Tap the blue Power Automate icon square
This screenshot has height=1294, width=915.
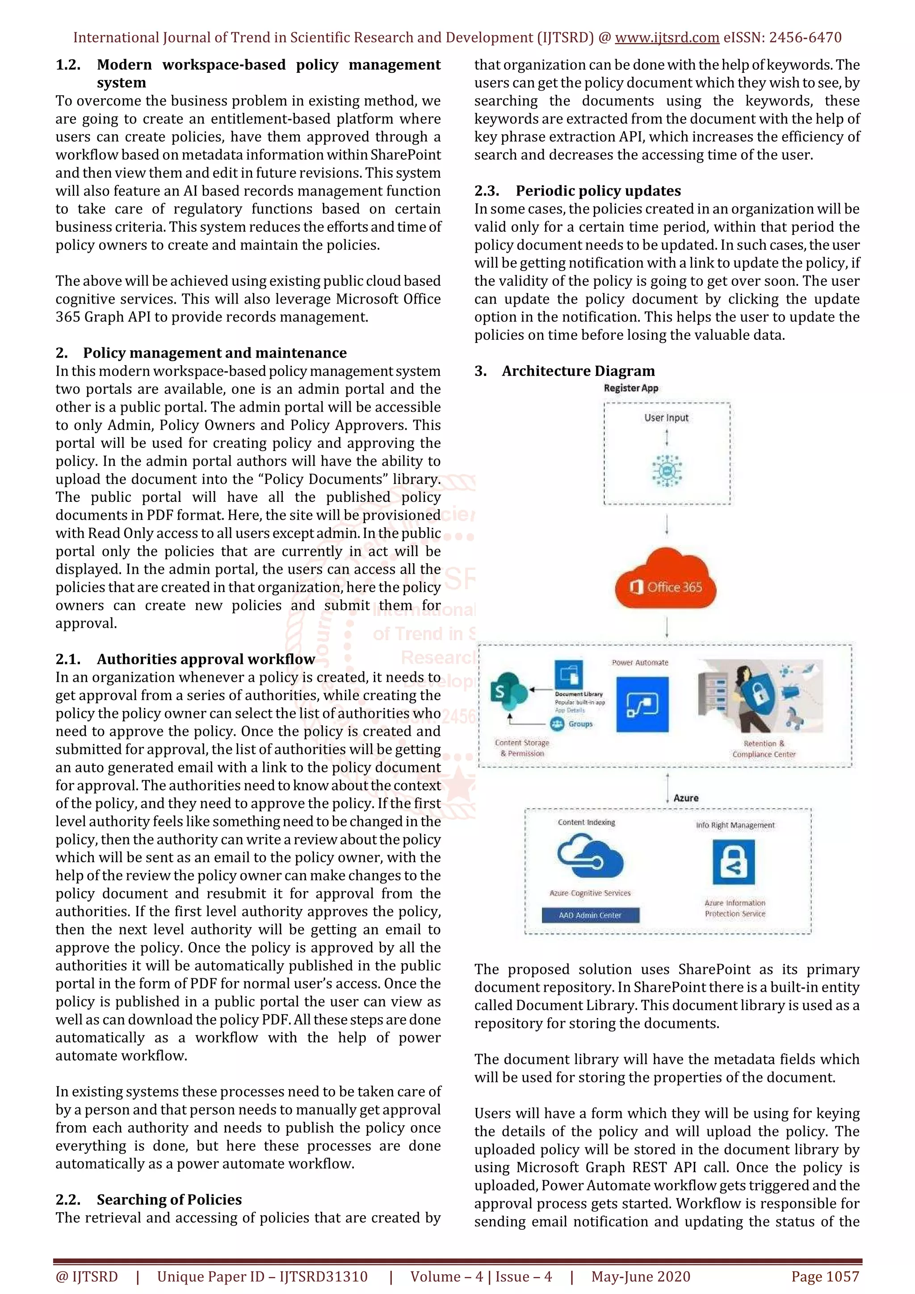[642, 705]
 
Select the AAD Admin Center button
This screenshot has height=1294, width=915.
[590, 915]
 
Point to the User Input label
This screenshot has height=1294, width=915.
[667, 417]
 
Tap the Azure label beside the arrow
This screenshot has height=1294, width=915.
[685, 798]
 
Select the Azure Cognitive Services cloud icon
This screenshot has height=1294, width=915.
[590, 857]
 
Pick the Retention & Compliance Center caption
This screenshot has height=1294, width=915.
[764, 749]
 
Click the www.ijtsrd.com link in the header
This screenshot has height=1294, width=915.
[667, 38]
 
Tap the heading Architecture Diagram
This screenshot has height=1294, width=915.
[579, 371]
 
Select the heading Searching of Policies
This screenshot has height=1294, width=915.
[169, 1199]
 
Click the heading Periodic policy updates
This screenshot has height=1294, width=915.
[598, 191]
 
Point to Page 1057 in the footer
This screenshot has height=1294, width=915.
[825, 1277]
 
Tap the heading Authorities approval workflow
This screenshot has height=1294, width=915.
[206, 659]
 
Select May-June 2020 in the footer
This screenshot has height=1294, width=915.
[640, 1277]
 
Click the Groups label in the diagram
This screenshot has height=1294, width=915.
[580, 724]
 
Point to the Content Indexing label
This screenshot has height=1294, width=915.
[586, 822]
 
